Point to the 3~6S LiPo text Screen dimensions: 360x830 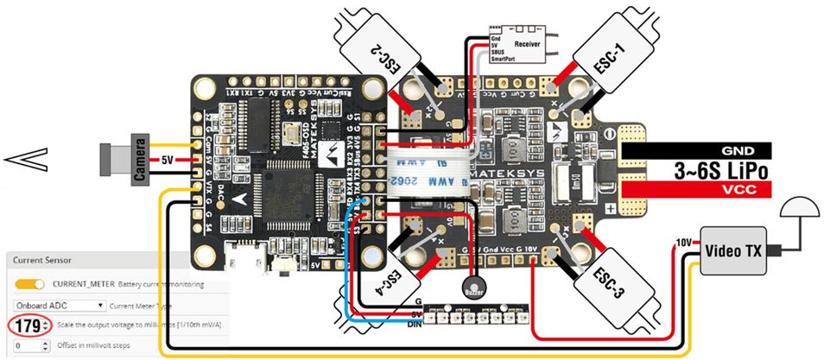pyautogui.click(x=722, y=169)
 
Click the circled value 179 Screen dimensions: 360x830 pyautogui.click(x=27, y=326)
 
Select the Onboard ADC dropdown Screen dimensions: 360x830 pyautogui.click(x=59, y=305)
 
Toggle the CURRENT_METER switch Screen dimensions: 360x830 pyautogui.click(x=29, y=283)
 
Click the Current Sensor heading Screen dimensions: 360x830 pyautogui.click(x=41, y=259)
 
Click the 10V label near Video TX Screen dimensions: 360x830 pyautogui.click(x=682, y=243)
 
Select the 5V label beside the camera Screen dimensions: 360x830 pyautogui.click(x=169, y=160)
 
